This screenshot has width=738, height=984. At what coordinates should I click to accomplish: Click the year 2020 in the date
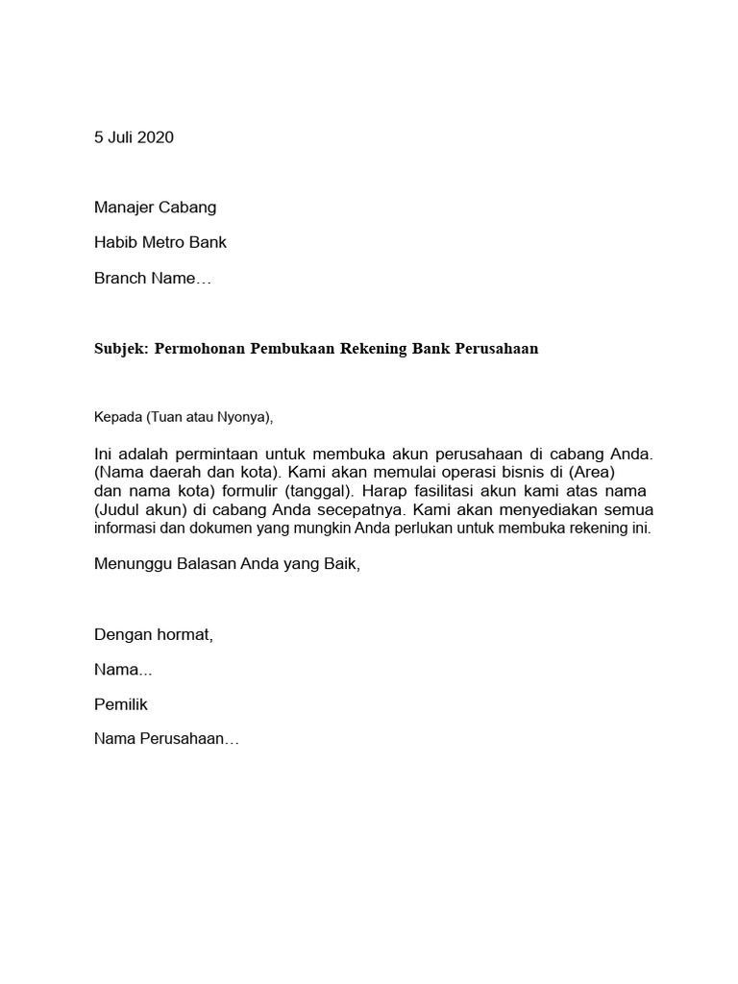(156, 136)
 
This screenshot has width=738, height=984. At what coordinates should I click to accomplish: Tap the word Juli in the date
(120, 136)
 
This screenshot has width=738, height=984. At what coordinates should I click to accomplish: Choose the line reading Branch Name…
(152, 279)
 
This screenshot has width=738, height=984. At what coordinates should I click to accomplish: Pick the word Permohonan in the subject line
(200, 349)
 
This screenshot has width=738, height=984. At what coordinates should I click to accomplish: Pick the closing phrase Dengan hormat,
(153, 634)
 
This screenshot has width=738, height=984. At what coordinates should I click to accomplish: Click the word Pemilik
(121, 704)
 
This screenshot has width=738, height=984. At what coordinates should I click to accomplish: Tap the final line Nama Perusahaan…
(166, 740)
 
